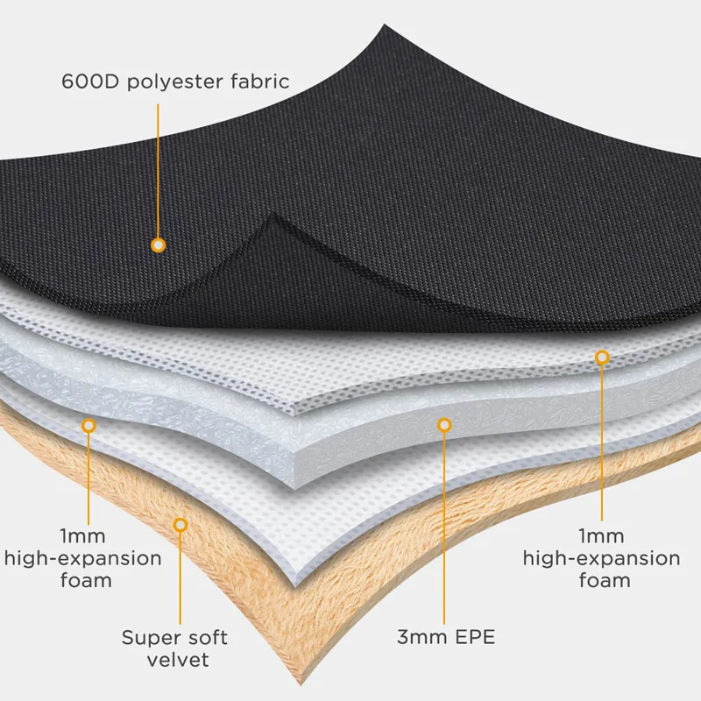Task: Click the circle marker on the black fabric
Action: pos(159,244)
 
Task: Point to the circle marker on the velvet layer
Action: pos(181,524)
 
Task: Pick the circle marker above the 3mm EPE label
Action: pos(444,425)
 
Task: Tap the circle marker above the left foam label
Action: pos(88,425)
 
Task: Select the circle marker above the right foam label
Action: pos(602,357)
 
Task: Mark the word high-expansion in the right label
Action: pos(601,558)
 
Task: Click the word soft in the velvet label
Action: pos(204,637)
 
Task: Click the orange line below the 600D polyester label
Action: pos(159,166)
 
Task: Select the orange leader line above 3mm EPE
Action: pos(444,526)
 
